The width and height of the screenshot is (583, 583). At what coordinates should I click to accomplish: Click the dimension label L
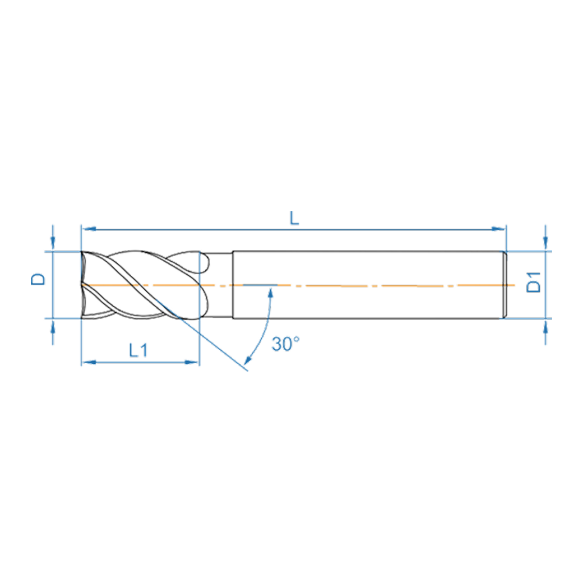(x=294, y=218)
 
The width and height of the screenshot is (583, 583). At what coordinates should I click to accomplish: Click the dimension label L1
(x=138, y=350)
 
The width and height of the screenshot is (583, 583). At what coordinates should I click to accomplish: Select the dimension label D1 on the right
(x=535, y=281)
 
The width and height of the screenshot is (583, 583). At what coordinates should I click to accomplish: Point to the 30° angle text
(x=286, y=344)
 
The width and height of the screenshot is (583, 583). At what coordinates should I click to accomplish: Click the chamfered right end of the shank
(x=505, y=285)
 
